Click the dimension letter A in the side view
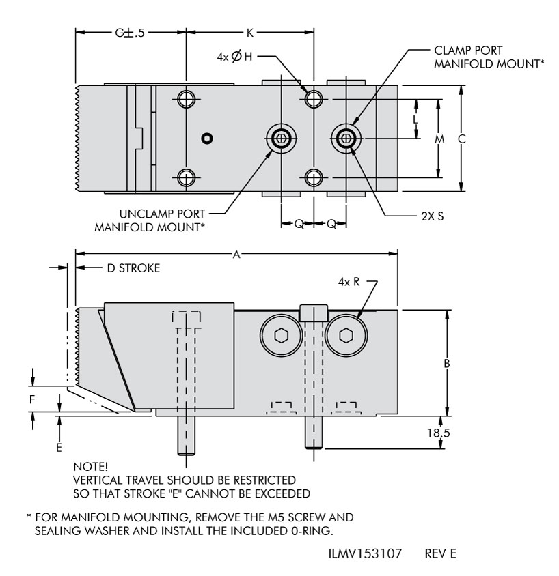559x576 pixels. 236,254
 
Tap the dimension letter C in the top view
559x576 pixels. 461,139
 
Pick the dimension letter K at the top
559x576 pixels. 249,31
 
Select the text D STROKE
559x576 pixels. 133,268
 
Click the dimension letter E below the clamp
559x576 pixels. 59,447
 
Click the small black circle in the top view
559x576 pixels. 207,139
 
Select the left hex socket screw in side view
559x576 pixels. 281,335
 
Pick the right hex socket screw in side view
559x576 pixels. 346,335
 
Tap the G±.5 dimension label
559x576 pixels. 131,31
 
